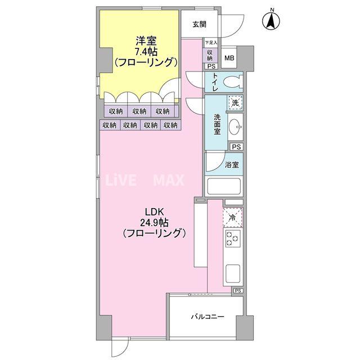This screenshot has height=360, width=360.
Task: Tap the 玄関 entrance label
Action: (199, 24)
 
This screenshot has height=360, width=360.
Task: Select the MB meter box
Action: (229, 57)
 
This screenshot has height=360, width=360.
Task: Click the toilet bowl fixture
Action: (232, 83)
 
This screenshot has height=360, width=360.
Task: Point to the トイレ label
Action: (215, 83)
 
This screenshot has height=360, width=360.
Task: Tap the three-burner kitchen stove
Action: (232, 239)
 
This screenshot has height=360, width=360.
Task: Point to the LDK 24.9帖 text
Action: (154, 222)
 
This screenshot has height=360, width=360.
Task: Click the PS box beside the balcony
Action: (238, 290)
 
